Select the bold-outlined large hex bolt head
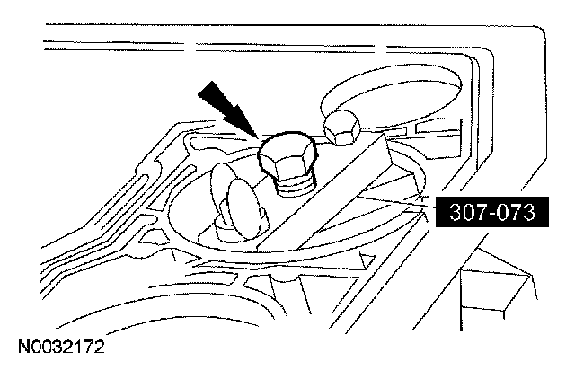pos(285,163)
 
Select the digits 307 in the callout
pos(462,213)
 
